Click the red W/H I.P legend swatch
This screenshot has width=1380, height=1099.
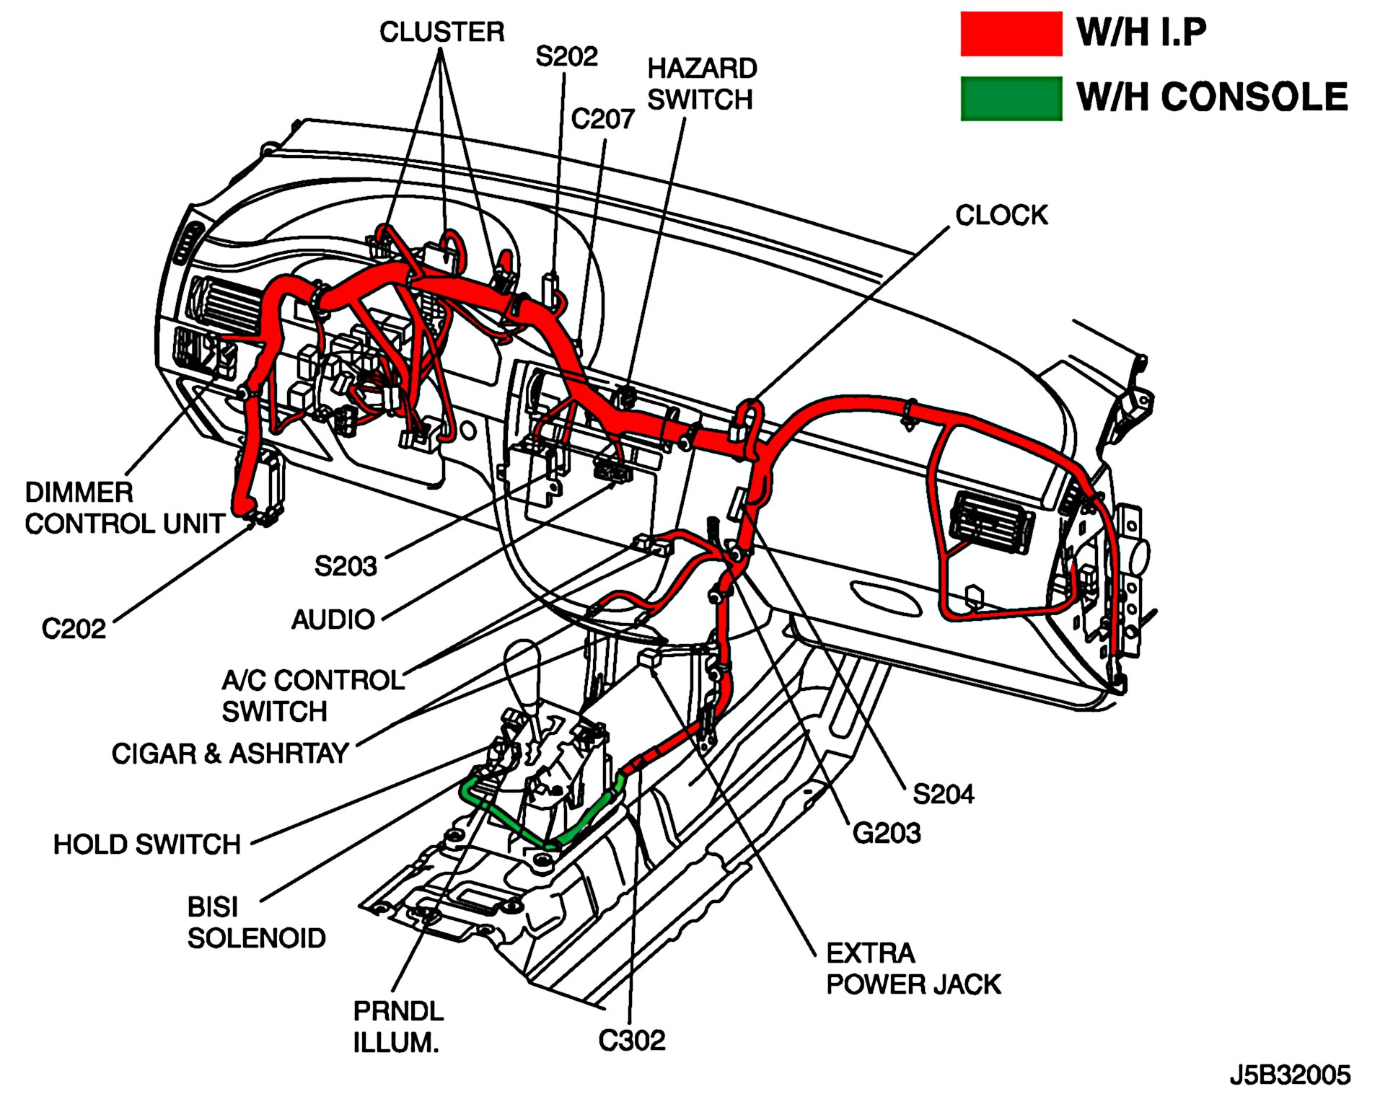(1010, 34)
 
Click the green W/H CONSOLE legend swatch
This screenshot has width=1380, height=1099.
(1010, 98)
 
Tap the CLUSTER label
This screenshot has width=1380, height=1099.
(441, 32)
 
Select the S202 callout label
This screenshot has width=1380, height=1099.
(566, 57)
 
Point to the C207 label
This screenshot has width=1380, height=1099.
(602, 119)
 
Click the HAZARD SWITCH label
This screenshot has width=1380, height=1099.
(701, 84)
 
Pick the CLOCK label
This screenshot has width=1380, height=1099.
(1001, 215)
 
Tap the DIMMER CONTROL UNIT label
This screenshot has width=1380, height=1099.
(124, 508)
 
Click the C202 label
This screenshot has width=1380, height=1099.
(74, 629)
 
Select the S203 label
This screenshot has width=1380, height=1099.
(346, 566)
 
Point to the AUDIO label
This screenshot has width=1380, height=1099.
(333, 619)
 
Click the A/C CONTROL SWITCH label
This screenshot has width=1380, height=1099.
(312, 696)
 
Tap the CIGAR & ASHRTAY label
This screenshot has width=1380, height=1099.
(230, 754)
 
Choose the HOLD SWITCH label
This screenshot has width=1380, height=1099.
(146, 844)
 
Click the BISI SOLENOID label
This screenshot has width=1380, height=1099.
(256, 922)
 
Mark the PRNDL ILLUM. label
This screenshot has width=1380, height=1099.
(397, 1027)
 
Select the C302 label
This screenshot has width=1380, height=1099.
(632, 1041)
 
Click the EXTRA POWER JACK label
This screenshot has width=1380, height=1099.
(913, 968)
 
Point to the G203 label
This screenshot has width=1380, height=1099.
(887, 834)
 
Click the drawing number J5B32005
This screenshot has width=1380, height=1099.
(1290, 1075)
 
